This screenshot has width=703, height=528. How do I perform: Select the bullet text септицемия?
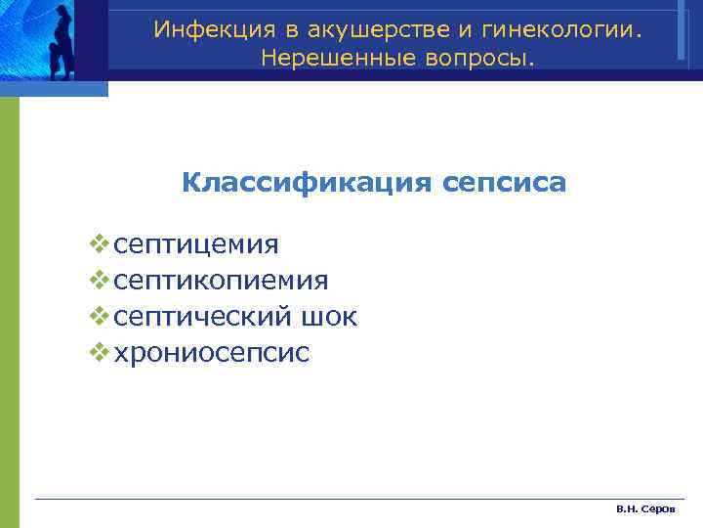coord(195,244)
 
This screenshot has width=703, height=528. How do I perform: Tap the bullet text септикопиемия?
coord(221,281)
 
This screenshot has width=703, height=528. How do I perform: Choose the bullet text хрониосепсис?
coord(212,353)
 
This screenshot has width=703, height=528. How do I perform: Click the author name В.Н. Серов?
coord(640,510)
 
